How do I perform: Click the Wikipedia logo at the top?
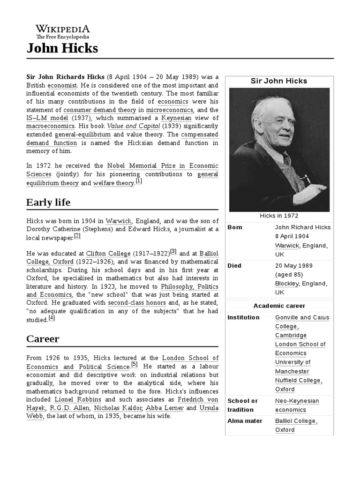click(x=63, y=32)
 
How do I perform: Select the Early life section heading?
click(x=48, y=202)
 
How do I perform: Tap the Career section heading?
click(x=43, y=338)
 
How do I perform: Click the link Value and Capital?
click(x=126, y=126)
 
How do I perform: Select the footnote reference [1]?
click(x=139, y=181)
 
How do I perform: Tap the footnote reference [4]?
click(x=52, y=317)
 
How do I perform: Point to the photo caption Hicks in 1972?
click(x=279, y=216)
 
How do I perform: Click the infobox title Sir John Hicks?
click(x=279, y=81)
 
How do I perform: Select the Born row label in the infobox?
click(x=235, y=227)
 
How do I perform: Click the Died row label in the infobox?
click(x=234, y=266)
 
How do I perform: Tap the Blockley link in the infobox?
click(x=287, y=284)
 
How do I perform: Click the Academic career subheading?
click(x=279, y=306)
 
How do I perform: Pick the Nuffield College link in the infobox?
click(x=298, y=380)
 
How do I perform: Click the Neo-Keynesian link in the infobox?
click(x=297, y=401)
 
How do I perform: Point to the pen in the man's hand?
click(x=307, y=179)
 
